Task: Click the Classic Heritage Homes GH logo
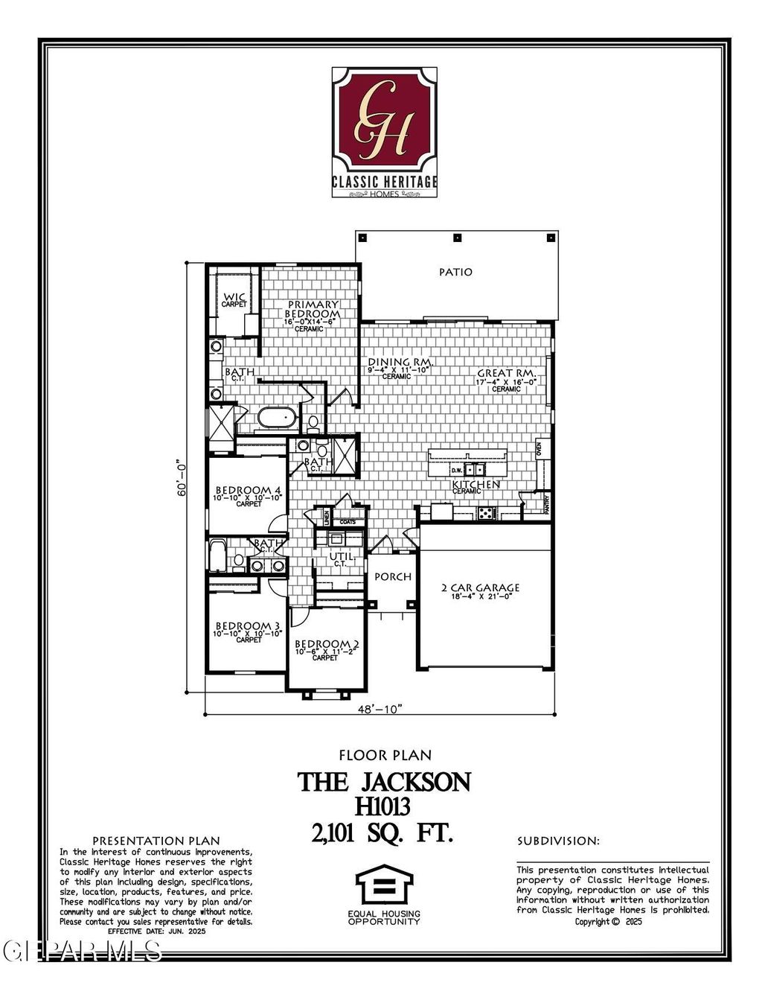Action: pyautogui.click(x=384, y=132)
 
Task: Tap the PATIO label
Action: pyautogui.click(x=455, y=273)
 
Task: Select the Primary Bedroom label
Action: pyautogui.click(x=313, y=310)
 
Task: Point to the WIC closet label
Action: pyautogui.click(x=234, y=299)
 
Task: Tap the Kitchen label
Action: pyautogui.click(x=476, y=485)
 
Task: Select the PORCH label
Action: pyautogui.click(x=392, y=577)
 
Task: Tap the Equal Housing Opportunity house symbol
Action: pyautogui.click(x=383, y=885)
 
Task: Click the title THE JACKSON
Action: pyautogui.click(x=384, y=782)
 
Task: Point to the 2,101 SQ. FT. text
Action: pyautogui.click(x=383, y=833)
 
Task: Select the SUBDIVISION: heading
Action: pyautogui.click(x=558, y=841)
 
